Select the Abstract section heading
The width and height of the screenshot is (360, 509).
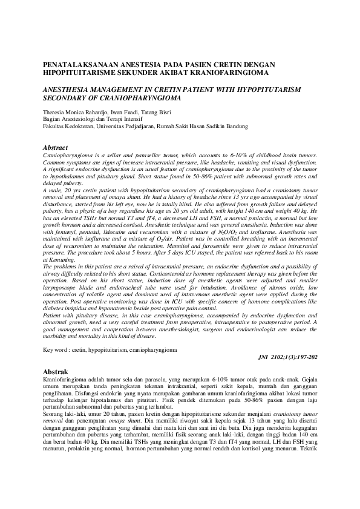pos(56,148)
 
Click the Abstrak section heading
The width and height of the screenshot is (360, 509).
pos(56,371)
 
